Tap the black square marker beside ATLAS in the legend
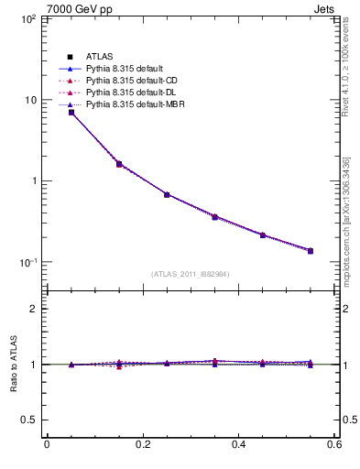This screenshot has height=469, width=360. tap(70, 58)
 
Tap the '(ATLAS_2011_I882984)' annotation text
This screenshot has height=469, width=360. tap(190, 274)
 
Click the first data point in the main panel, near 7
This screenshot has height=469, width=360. tap(71, 113)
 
